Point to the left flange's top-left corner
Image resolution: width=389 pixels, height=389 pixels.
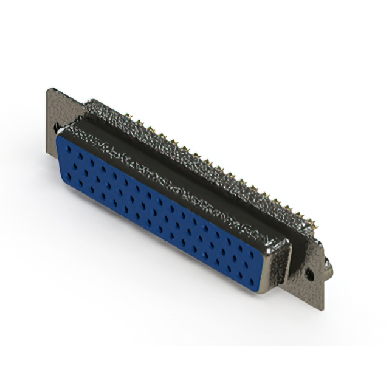(48, 89)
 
